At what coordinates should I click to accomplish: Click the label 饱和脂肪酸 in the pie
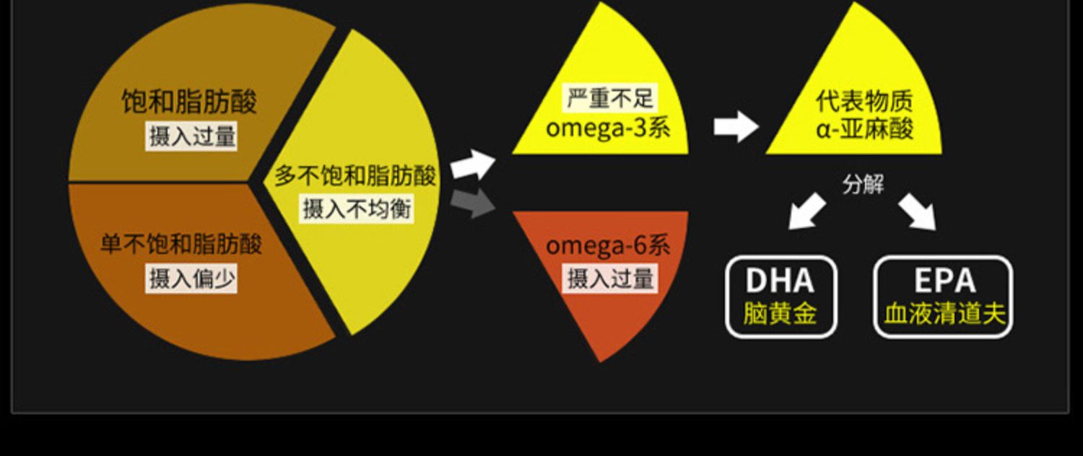(x=189, y=102)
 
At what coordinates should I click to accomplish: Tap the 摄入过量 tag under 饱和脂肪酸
(x=191, y=136)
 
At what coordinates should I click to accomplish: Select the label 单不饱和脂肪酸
(x=181, y=244)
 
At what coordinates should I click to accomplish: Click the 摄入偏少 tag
(x=191, y=279)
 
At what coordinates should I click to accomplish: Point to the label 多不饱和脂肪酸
(x=355, y=175)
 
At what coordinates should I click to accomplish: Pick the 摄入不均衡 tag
(x=357, y=209)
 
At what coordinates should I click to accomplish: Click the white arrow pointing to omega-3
(x=472, y=165)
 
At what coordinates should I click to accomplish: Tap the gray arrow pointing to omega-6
(x=472, y=203)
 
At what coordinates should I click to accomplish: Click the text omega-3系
(x=607, y=128)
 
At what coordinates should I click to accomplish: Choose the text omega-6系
(x=607, y=245)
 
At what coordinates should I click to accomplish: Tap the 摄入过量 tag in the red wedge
(x=610, y=279)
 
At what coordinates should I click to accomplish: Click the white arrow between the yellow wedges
(x=735, y=127)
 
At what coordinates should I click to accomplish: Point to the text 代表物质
(x=864, y=100)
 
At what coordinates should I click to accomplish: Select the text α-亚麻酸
(x=864, y=129)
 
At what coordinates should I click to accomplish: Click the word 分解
(x=863, y=185)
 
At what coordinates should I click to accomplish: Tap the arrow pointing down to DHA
(x=807, y=211)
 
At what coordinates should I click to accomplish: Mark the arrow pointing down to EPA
(x=918, y=211)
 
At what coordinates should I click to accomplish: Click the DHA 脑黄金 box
(x=780, y=297)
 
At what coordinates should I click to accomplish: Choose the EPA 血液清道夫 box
(x=943, y=297)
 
